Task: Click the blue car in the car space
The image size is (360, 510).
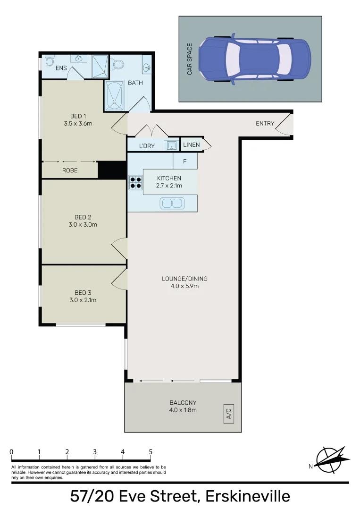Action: coord(255,59)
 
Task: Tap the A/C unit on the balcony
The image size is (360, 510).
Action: coord(229,414)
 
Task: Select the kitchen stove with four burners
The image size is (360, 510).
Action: coord(135,182)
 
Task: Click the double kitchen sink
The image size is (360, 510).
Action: coord(172,203)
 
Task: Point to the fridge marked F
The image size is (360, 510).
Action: coord(185,161)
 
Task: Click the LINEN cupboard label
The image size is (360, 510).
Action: coord(192,145)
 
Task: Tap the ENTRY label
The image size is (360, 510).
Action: coord(265,123)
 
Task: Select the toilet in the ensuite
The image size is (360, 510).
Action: coord(49,61)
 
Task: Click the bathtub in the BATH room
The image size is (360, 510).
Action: coord(114,95)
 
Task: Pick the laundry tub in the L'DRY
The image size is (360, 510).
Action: coord(171,145)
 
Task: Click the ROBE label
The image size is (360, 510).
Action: coord(70,170)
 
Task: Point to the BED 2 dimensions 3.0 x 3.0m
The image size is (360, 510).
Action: coord(83,224)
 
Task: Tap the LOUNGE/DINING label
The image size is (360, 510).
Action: coord(184,279)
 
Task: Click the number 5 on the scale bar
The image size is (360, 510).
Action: coord(151,451)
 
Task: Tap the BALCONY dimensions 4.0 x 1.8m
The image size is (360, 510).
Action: coord(183,410)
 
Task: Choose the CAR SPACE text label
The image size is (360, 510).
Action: coord(189,59)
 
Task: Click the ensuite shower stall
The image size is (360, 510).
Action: coord(100,67)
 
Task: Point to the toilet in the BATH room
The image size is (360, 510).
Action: coord(117,64)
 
